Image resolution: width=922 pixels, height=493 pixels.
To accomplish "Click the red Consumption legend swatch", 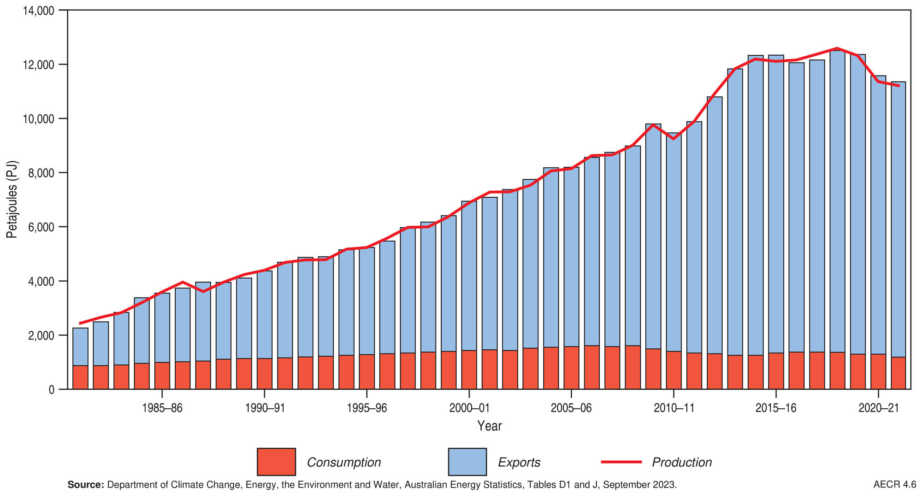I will tap(276, 461).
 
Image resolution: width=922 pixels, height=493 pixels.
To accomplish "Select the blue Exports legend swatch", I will tap(467, 461).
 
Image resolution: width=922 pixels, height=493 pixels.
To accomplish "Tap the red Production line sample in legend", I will tap(621, 462).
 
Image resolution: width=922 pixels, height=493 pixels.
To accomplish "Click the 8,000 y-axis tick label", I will tap(41, 173).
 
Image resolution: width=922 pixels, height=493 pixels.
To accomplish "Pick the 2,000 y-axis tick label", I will tap(41, 335).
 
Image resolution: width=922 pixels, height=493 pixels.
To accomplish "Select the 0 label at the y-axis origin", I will tap(51, 390).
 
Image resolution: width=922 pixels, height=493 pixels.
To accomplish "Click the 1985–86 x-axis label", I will tap(162, 408).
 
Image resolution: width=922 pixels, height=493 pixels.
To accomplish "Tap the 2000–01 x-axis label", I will tap(469, 408).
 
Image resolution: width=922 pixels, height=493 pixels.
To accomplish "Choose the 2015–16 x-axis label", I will tap(776, 408).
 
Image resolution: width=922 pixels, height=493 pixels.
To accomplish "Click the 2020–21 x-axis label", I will tap(878, 408).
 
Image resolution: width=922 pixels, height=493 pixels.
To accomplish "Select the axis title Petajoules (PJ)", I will tap(12, 199).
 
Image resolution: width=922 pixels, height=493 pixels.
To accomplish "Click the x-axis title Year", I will tap(489, 426).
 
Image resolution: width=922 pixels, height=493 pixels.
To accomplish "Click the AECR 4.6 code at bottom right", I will tap(894, 485).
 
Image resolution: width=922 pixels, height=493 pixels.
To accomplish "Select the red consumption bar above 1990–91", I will tap(265, 374).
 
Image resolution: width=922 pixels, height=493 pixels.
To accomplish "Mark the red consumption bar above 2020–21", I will tap(878, 371).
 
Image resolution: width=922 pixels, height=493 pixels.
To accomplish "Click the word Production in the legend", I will tap(682, 462).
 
